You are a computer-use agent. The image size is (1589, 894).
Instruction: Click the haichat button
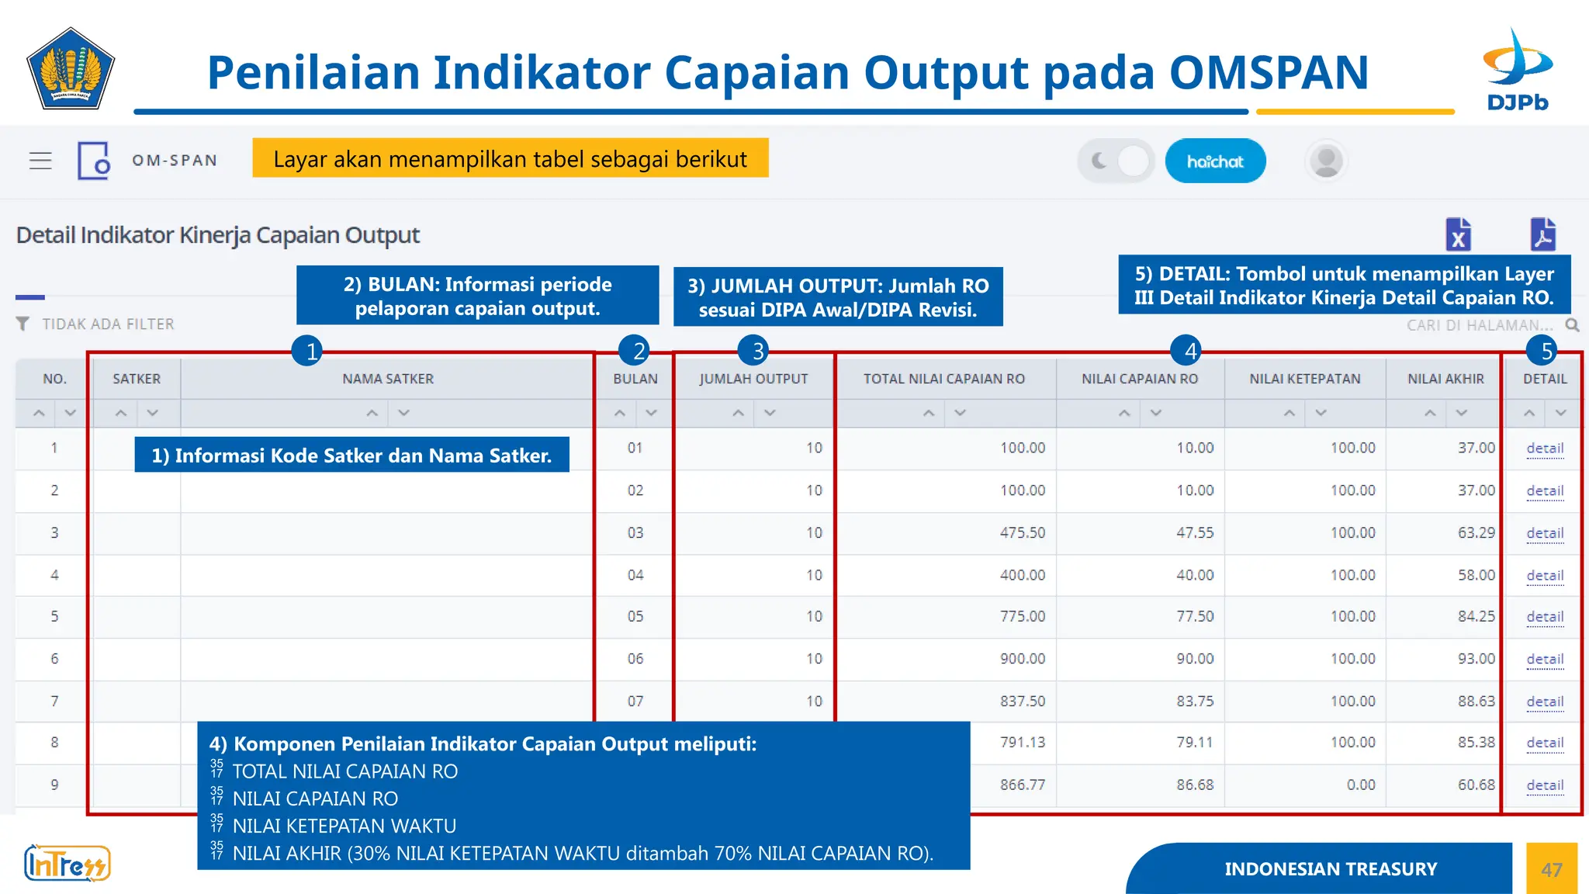point(1215,161)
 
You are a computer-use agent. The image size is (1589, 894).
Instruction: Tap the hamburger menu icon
point(40,161)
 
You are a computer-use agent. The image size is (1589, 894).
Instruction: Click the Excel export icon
point(1459,234)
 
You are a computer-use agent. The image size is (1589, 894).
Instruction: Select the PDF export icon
point(1542,234)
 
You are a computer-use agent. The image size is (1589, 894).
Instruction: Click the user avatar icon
point(1326,161)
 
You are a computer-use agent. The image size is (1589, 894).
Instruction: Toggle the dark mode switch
point(1116,161)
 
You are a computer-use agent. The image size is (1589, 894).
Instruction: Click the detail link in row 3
point(1544,533)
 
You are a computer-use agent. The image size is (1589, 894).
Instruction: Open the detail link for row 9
point(1544,785)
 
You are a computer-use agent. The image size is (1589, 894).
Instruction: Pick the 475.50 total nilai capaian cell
point(1022,533)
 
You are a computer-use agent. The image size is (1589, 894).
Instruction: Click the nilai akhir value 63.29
point(1475,533)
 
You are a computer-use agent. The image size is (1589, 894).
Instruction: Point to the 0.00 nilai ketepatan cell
point(1360,785)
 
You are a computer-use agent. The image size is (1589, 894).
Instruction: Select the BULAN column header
point(635,379)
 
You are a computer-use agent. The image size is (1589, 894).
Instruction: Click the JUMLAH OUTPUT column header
point(753,379)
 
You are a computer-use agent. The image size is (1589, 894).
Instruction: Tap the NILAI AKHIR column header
point(1445,379)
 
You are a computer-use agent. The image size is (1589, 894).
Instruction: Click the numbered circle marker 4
point(1189,351)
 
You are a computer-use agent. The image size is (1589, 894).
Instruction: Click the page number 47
point(1551,869)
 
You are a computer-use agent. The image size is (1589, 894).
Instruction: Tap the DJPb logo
point(1518,70)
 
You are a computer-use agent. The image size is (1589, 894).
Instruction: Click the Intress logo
point(68,864)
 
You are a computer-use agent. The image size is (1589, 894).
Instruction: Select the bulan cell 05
point(635,616)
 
